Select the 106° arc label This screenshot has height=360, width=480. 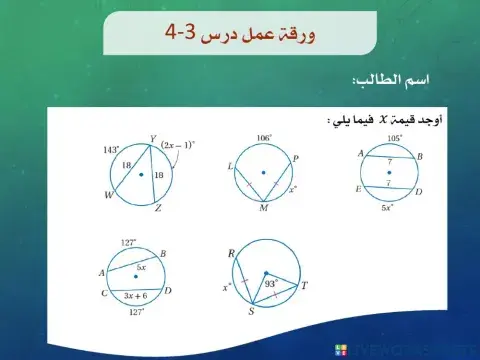pyautogui.click(x=264, y=138)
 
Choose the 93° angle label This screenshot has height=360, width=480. pyautogui.click(x=270, y=283)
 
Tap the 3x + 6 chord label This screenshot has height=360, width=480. pyautogui.click(x=131, y=296)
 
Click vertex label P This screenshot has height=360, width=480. pyautogui.click(x=296, y=156)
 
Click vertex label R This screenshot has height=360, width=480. pyautogui.click(x=232, y=255)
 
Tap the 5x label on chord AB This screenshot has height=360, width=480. pyautogui.click(x=143, y=267)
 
